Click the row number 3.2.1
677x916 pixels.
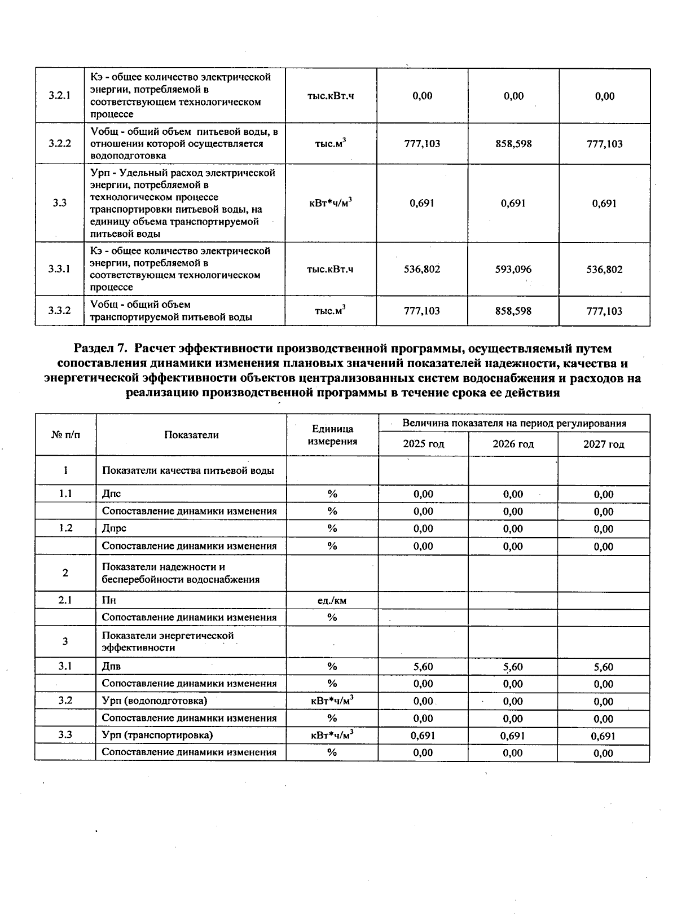click(x=59, y=95)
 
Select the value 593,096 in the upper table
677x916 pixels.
click(x=513, y=269)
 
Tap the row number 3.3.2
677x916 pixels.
click(x=59, y=310)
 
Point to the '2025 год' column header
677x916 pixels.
click(x=423, y=444)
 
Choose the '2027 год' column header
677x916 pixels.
click(x=604, y=444)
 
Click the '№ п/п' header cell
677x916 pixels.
click(x=65, y=435)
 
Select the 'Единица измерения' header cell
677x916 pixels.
click(x=332, y=435)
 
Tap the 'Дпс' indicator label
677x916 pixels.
click(x=111, y=494)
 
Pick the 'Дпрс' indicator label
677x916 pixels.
click(x=114, y=529)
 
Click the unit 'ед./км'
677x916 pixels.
click(x=332, y=601)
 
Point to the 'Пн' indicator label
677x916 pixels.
click(x=109, y=601)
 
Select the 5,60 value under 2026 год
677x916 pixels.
click(x=513, y=667)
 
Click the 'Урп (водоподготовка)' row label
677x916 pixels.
click(x=155, y=701)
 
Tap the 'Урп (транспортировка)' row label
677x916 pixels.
click(x=157, y=736)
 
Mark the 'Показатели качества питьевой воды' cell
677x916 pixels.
click(x=188, y=470)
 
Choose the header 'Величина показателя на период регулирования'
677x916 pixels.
click(x=514, y=423)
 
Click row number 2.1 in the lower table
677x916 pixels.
click(x=65, y=600)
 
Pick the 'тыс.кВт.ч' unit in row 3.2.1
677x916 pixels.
click(x=331, y=95)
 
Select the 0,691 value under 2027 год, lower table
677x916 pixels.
click(x=603, y=736)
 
